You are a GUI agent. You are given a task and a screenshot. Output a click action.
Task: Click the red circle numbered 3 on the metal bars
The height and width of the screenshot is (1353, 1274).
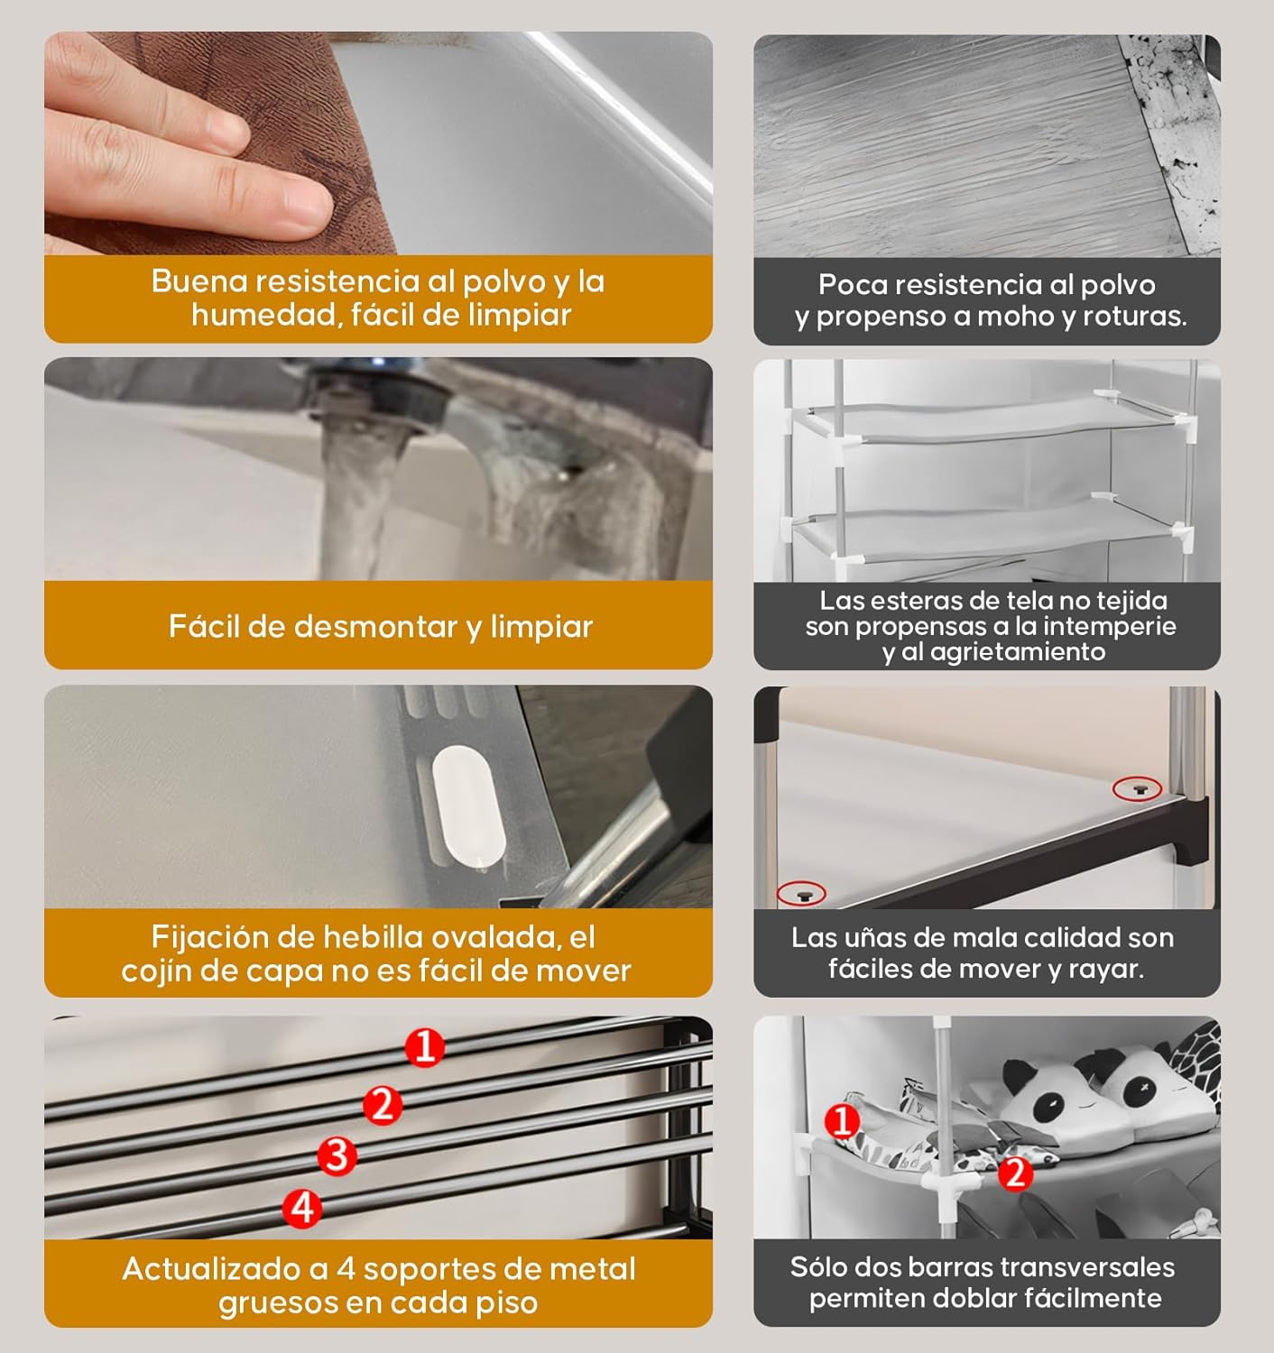point(337,1154)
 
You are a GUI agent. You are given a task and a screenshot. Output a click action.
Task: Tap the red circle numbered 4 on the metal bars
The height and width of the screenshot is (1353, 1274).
point(302,1207)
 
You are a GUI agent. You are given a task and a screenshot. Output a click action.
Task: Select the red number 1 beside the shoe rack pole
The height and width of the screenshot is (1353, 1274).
point(843,1121)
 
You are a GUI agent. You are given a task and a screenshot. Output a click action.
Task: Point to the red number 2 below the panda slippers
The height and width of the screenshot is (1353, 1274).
point(1015,1173)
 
